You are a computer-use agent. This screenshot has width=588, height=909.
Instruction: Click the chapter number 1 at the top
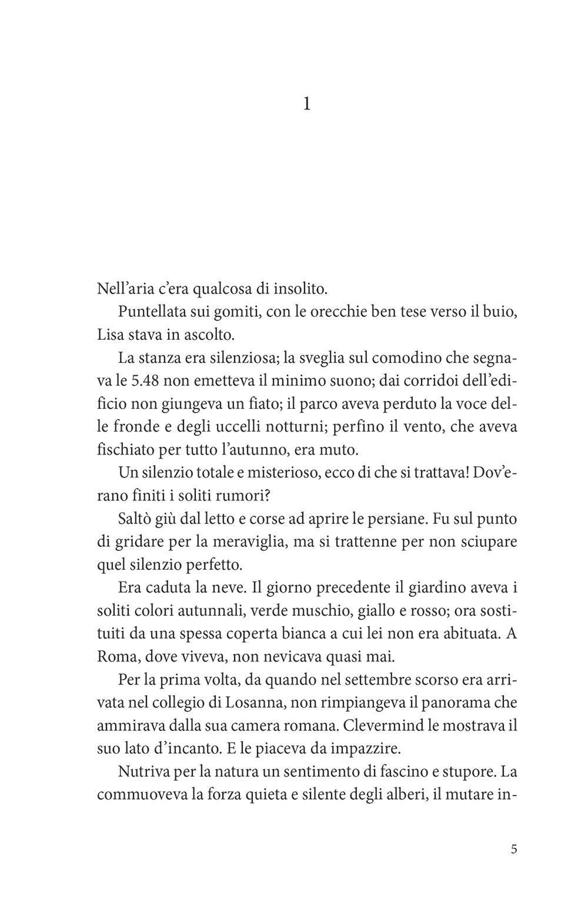click(x=306, y=105)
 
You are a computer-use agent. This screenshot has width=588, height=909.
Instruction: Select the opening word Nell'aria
click(x=121, y=289)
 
